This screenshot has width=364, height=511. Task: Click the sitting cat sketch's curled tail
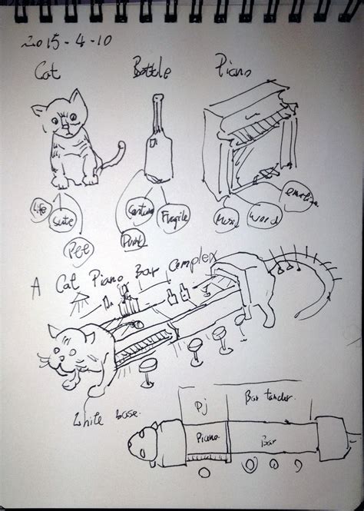pos(116,158)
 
